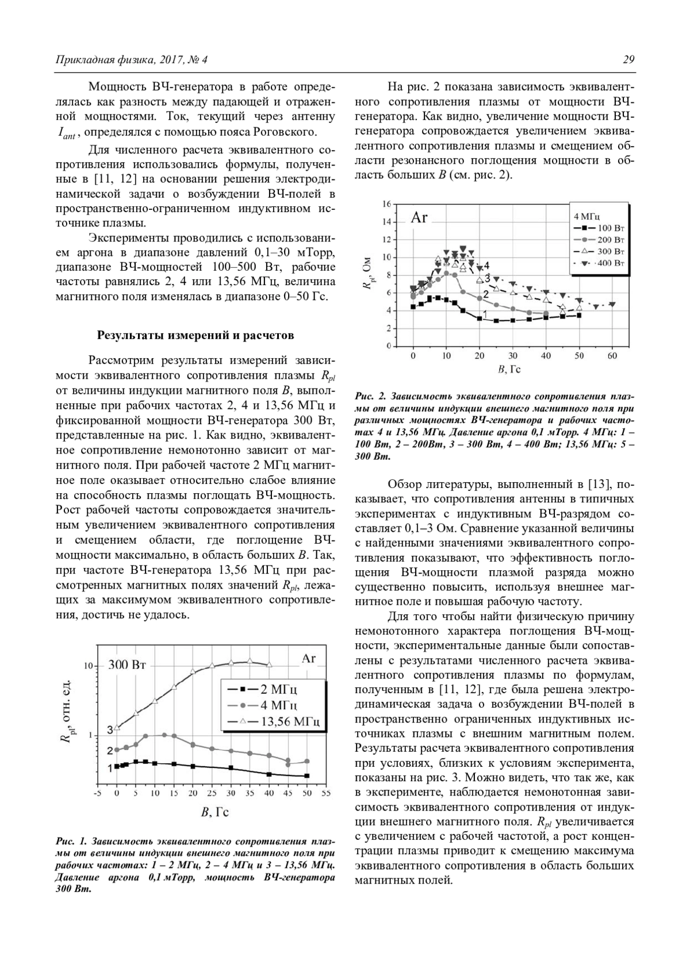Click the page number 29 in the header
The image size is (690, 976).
628,60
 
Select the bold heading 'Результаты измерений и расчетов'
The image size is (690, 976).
195,335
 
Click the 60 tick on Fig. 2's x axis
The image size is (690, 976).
612,356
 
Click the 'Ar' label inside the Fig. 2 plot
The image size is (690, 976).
419,218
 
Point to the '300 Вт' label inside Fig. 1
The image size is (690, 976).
127,665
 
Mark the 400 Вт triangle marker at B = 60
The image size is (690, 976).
612,304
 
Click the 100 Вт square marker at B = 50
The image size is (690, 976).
579,315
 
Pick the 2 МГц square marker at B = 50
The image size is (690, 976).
307,776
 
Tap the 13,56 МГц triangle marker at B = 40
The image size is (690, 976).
269,664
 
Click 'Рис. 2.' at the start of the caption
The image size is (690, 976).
371,397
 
